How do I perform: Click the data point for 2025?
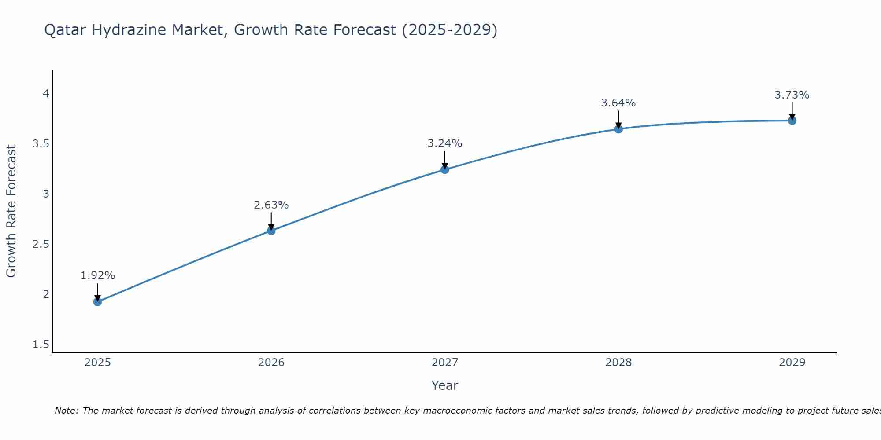[97, 301]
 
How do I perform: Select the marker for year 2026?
[271, 231]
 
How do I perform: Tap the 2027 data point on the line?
[444, 169]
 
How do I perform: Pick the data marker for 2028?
[618, 129]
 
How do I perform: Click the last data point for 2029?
[792, 121]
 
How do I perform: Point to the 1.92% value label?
[97, 275]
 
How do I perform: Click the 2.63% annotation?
[271, 205]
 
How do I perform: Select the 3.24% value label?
[444, 143]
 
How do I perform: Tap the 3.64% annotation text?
[618, 103]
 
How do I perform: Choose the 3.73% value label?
[792, 95]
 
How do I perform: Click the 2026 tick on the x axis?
[271, 363]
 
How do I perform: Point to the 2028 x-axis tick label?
[618, 363]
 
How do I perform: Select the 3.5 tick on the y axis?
[41, 144]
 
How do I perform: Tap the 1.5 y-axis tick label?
[41, 344]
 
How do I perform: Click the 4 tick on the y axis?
[45, 94]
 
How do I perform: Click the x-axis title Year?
[444, 385]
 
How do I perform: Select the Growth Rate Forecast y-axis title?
[11, 211]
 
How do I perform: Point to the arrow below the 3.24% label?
[444, 159]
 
